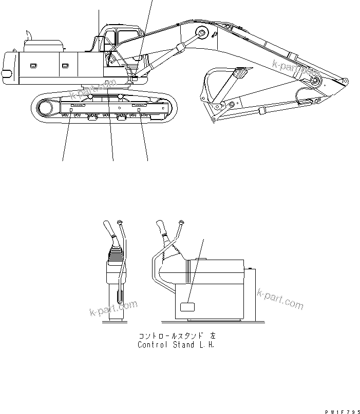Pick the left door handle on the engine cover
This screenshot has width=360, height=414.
pyautogui.click(x=33, y=65)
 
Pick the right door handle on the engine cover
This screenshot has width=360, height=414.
pyautogui.click(x=65, y=65)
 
